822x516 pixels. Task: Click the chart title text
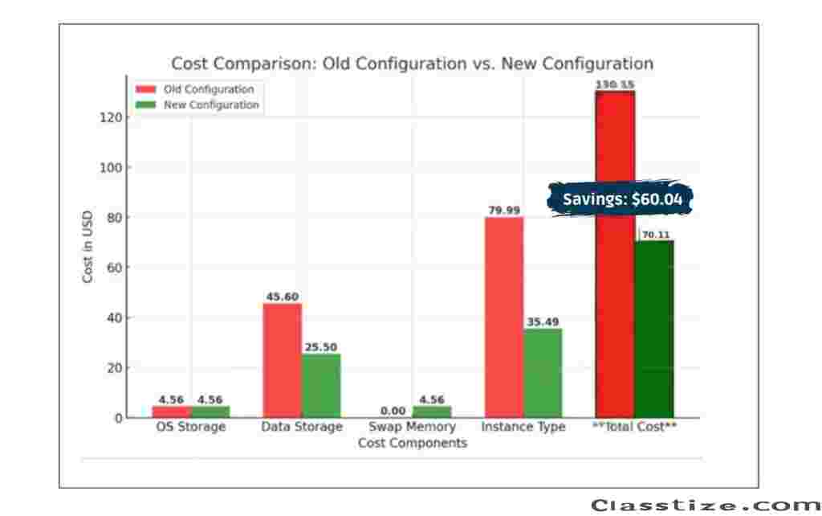[x=412, y=63]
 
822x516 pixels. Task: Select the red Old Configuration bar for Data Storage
[x=283, y=360]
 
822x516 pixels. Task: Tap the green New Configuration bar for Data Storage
[x=321, y=386]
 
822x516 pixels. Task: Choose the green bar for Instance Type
[x=543, y=373]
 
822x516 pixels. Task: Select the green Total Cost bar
[x=654, y=329]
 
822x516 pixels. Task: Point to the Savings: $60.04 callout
[x=620, y=199]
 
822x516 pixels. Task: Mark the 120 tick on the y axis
[x=112, y=117]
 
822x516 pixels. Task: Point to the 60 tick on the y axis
[x=115, y=268]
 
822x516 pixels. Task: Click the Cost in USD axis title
[x=88, y=246]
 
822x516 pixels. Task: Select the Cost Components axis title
[x=412, y=443]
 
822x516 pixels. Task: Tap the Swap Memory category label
[x=412, y=427]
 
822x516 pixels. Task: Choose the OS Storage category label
[x=190, y=427]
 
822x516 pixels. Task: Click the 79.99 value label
[x=504, y=211]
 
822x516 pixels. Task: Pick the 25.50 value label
[x=321, y=347]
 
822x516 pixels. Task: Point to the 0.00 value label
[x=393, y=411]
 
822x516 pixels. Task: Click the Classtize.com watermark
[x=706, y=505]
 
